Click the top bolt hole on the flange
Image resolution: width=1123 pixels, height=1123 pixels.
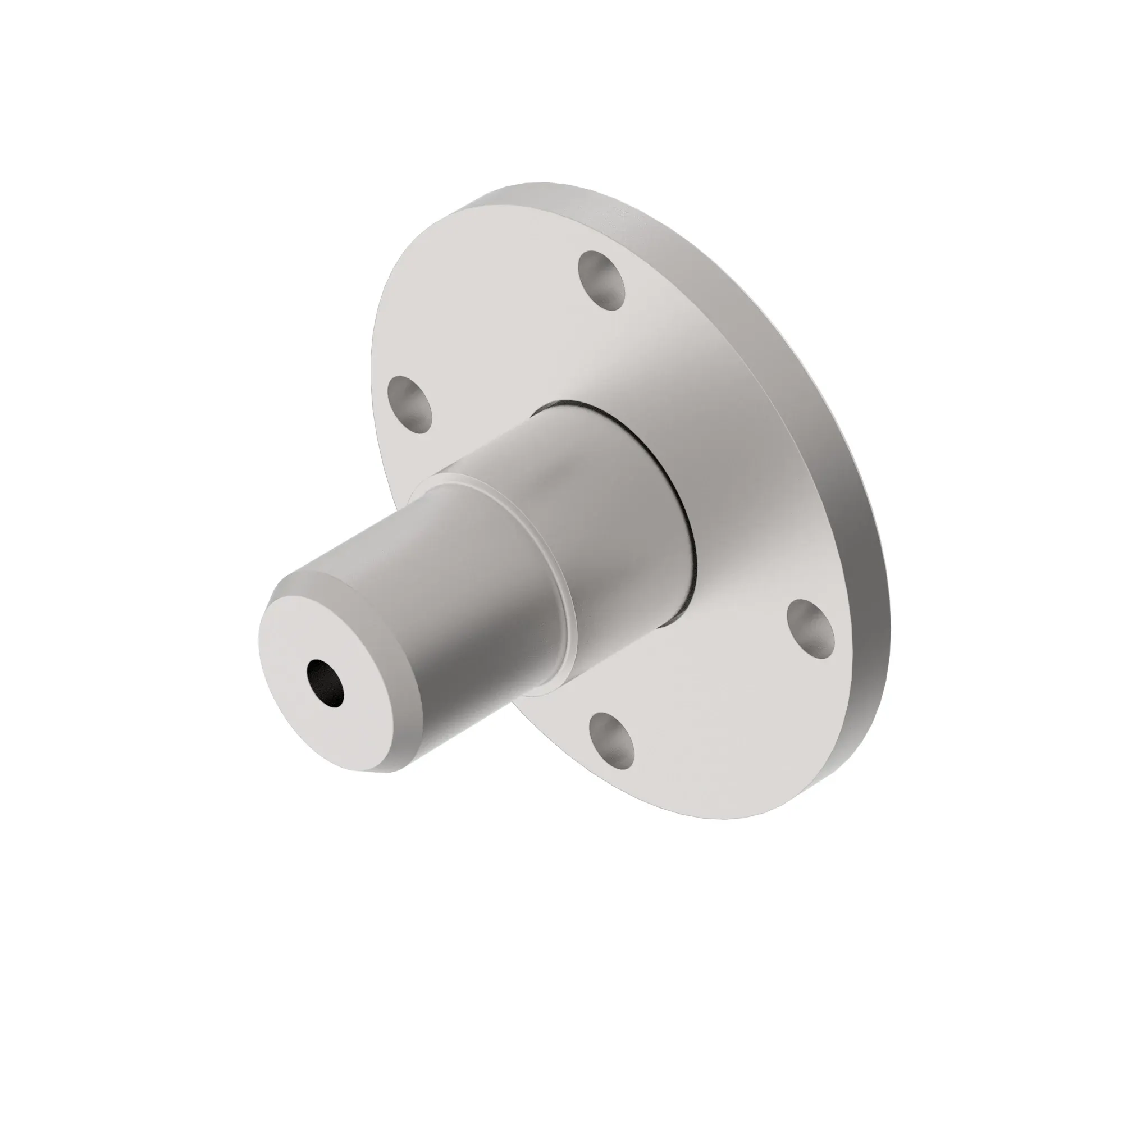coord(602,281)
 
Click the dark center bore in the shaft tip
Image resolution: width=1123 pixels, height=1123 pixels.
coord(327,684)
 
